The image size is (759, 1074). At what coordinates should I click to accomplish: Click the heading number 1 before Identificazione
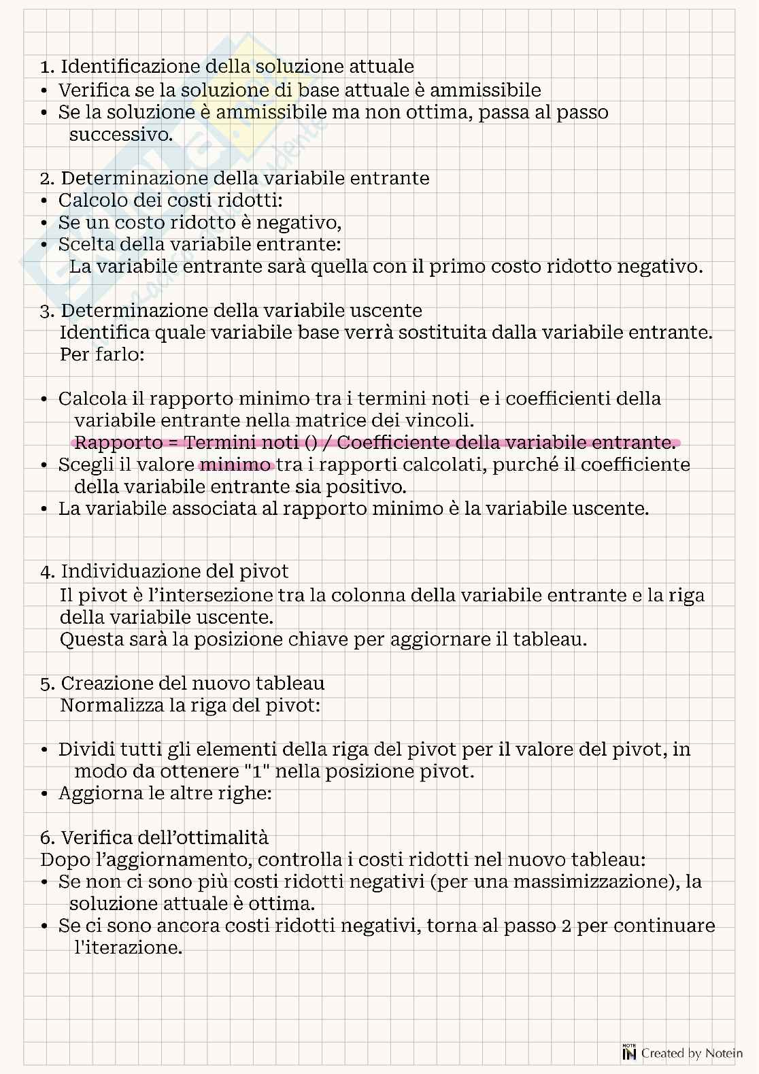46,67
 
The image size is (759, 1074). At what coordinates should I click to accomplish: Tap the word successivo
120,134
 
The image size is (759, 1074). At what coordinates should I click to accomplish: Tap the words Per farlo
102,354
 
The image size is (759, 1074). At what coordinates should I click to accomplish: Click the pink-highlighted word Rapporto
118,443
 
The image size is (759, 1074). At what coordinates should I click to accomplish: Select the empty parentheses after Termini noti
310,443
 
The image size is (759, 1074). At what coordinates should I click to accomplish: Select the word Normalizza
108,705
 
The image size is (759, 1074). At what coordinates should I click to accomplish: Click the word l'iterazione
128,947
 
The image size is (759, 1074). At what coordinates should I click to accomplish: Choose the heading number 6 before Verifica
46,838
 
